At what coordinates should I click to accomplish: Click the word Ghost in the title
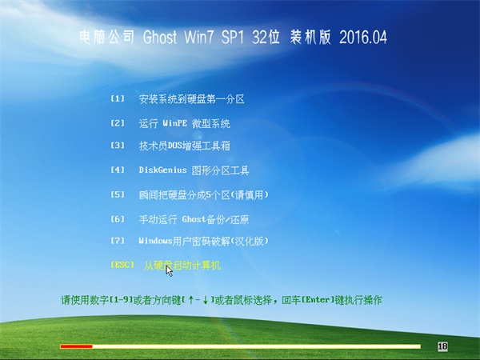160,37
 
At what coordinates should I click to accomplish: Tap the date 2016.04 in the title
363,37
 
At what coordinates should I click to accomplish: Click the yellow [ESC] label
122,265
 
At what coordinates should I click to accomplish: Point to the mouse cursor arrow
169,271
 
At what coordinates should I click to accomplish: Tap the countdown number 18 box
442,346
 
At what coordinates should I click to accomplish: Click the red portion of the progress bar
76,346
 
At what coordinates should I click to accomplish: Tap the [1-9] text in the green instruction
122,300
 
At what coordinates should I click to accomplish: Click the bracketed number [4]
118,170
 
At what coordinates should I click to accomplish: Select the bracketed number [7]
118,241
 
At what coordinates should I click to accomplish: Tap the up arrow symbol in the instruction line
191,300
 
